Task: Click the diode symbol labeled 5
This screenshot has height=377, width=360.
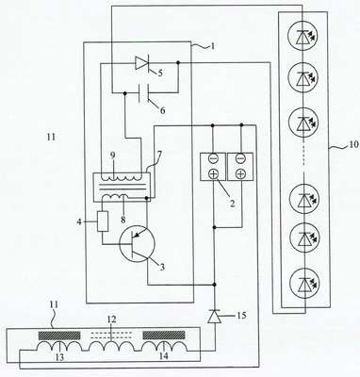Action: pyautogui.click(x=141, y=63)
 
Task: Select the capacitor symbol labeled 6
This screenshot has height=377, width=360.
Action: pyautogui.click(x=144, y=93)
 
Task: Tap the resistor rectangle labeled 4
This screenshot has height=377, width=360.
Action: pyautogui.click(x=103, y=221)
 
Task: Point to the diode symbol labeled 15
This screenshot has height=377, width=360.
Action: pyautogui.click(x=216, y=316)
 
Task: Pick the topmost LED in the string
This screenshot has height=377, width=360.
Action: pyautogui.click(x=303, y=37)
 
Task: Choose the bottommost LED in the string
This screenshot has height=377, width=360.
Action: pyautogui.click(x=303, y=286)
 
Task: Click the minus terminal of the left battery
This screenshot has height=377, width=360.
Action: pyautogui.click(x=213, y=158)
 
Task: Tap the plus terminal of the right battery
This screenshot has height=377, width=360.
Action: pyautogui.click(x=240, y=173)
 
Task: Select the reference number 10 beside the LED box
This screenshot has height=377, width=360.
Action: pyautogui.click(x=344, y=144)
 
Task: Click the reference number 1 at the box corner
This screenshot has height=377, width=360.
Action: pyautogui.click(x=212, y=46)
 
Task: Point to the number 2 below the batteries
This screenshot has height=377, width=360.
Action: pyautogui.click(x=232, y=204)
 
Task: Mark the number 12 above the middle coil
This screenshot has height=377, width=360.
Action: pyautogui.click(x=111, y=320)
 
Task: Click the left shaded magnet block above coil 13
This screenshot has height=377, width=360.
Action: pyautogui.click(x=59, y=336)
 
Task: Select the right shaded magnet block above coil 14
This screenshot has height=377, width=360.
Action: pyautogui.click(x=164, y=335)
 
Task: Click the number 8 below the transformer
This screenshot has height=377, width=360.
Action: pyautogui.click(x=123, y=219)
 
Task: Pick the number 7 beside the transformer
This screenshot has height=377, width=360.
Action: pyautogui.click(x=159, y=155)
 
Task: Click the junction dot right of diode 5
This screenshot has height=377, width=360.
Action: pyautogui.click(x=178, y=62)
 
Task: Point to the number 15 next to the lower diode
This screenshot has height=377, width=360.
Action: pyautogui.click(x=241, y=315)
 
